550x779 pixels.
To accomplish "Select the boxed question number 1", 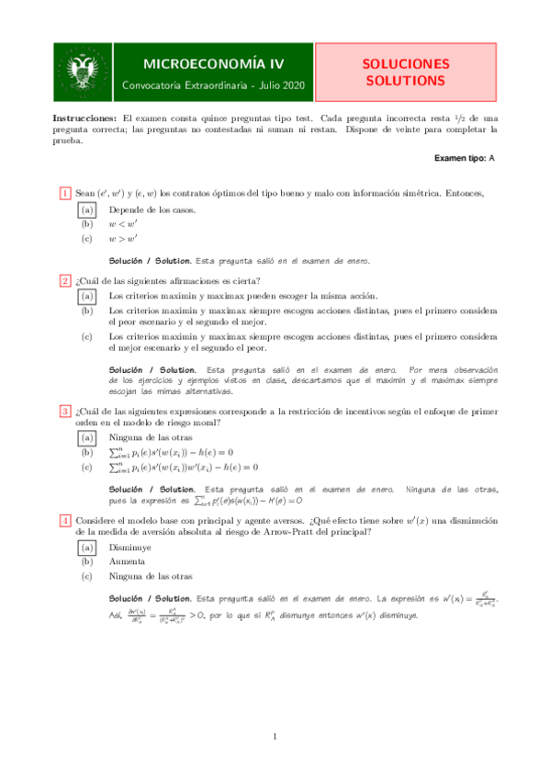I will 65,193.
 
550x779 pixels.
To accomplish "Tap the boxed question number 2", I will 65,281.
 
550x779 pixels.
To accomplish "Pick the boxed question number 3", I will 65,411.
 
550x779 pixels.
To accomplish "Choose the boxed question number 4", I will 65,521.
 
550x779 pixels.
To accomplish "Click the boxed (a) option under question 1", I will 87,209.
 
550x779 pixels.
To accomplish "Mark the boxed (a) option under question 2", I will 87,297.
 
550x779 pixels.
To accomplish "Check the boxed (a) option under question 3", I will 87,438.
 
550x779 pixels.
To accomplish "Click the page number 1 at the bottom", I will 275,737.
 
